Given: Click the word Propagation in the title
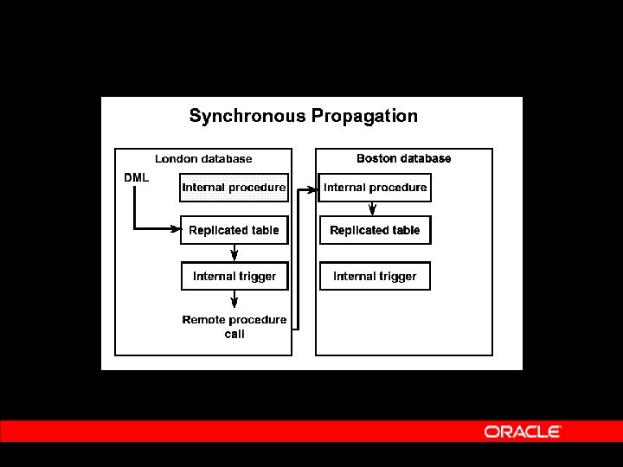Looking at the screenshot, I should (364, 116).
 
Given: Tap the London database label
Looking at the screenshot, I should (203, 159).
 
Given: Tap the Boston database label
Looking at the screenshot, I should (403, 158).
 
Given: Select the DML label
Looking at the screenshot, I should (137, 177).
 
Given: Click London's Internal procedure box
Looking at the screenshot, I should (234, 188).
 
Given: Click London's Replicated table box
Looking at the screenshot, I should (234, 230).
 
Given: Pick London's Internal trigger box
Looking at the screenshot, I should (234, 277).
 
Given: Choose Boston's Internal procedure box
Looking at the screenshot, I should (375, 188).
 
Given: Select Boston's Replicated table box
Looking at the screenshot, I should (375, 230).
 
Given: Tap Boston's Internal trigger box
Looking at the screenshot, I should (375, 277).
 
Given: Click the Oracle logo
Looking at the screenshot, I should (523, 432).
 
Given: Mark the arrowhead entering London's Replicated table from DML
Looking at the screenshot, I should (176, 229).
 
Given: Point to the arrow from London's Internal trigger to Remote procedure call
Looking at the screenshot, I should (234, 300).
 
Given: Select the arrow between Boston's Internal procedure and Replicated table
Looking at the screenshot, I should (373, 208).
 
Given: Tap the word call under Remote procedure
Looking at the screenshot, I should (234, 335).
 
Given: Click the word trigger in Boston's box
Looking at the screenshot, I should (397, 277).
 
